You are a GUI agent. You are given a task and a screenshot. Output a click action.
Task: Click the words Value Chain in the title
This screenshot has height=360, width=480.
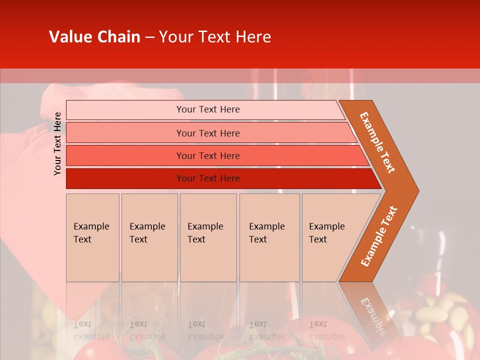tap(94, 37)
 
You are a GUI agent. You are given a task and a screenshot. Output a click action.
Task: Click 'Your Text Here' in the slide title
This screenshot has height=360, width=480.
tap(215, 37)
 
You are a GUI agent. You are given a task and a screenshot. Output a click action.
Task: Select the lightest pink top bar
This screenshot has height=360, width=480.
tap(125, 110)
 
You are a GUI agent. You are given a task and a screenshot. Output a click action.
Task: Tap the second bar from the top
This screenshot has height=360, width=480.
tap(125, 133)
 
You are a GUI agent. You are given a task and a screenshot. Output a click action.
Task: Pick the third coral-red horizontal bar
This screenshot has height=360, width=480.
tap(125, 156)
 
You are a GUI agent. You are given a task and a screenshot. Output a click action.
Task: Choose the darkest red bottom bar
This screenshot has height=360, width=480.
tap(125, 178)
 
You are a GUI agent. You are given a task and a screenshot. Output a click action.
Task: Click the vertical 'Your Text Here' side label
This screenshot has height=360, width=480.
tap(57, 143)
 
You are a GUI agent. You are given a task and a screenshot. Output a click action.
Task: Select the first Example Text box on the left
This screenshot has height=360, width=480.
tap(92, 237)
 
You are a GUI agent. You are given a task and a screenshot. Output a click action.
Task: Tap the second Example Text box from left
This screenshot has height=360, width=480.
tap(149, 237)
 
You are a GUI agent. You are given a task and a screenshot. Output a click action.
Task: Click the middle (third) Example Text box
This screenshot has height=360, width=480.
tap(208, 237)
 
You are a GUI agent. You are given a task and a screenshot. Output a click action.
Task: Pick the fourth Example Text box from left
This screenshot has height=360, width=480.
tap(269, 237)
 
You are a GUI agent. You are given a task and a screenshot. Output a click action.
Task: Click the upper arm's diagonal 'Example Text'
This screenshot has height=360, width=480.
tap(377, 142)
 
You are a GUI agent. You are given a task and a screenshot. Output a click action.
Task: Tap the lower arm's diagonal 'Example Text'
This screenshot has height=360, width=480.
tap(379, 236)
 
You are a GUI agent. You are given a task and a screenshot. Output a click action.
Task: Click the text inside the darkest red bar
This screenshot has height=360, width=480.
tap(208, 178)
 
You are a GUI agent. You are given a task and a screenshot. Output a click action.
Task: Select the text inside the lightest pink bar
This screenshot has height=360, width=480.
tap(208, 109)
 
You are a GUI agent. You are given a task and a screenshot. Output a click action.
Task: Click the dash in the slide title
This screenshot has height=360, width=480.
tap(149, 37)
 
